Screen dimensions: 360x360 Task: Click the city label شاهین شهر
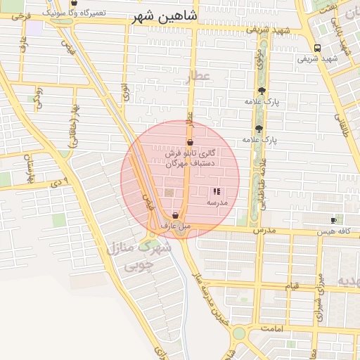[165, 18]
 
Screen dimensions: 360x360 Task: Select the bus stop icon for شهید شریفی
[317, 49]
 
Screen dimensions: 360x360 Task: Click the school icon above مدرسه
[217, 191]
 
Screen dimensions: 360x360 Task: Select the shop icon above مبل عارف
[175, 216]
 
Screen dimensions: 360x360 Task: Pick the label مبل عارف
[175, 226]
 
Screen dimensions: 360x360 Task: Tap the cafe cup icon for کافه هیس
[333, 221]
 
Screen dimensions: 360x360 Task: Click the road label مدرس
[262, 230]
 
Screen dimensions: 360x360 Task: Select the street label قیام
[292, 286]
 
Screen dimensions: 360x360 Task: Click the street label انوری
[126, 91]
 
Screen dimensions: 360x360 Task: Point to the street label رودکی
[39, 97]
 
